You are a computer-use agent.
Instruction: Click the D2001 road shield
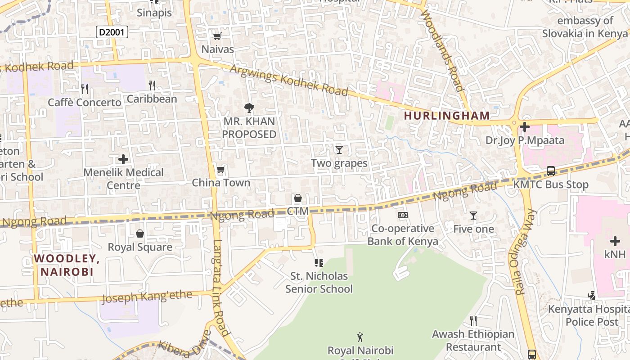[112, 32]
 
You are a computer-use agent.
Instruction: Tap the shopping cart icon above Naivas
[217, 36]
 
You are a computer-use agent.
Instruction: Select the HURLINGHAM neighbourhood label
[446, 116]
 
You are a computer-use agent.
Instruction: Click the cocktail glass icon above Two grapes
[339, 149]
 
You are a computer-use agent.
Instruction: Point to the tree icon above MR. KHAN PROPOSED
[249, 108]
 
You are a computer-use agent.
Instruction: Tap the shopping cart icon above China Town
[220, 170]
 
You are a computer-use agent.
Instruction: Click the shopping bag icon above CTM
[297, 198]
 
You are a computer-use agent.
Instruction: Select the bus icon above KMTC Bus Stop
[551, 171]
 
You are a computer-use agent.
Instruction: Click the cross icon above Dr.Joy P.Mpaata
[524, 127]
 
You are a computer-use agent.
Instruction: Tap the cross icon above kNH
[615, 241]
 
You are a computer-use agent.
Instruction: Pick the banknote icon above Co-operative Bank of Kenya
[403, 215]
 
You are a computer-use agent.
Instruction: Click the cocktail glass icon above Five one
[473, 216]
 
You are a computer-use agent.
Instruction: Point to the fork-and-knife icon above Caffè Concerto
[85, 89]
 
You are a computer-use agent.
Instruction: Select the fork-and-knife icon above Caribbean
[152, 85]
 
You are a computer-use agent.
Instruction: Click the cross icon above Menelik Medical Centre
[123, 159]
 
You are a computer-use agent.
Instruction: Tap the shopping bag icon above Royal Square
[140, 234]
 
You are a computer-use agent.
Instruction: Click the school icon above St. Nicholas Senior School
[319, 262]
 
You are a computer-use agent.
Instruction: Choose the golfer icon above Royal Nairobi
[360, 337]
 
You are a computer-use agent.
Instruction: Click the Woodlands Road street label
[442, 49]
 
